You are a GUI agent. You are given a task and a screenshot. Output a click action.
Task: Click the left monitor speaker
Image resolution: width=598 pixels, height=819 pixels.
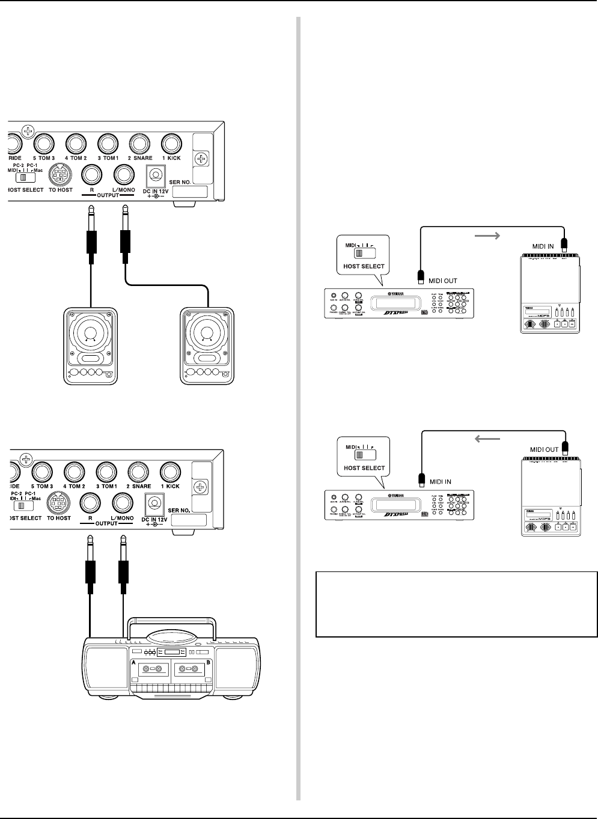click(91, 346)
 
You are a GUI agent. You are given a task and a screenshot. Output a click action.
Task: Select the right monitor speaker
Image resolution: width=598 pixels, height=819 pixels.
click(207, 346)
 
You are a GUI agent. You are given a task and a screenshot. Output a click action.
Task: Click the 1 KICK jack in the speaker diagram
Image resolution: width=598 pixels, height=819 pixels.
click(171, 144)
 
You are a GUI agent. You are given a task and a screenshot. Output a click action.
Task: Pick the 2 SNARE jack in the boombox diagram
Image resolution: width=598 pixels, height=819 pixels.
click(139, 472)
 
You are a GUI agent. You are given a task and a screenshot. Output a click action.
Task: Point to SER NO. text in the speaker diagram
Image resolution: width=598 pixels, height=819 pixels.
click(189, 180)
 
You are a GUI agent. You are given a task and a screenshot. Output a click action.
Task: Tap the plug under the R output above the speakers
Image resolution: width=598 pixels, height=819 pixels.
click(91, 240)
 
